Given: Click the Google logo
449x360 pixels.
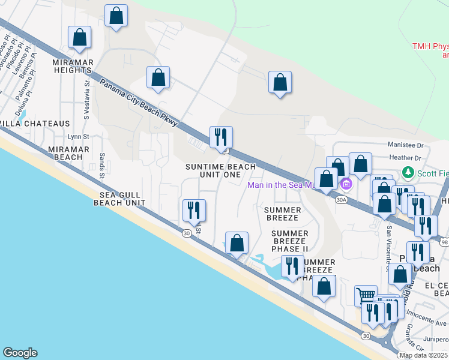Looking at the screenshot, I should [x=20, y=353].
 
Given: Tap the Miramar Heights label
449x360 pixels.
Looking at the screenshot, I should [x=71, y=66].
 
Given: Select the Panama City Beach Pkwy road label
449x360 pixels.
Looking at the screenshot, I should [x=139, y=102].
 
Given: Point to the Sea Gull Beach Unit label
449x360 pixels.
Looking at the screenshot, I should [x=119, y=199].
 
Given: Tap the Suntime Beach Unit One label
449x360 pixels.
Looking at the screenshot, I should [x=220, y=170].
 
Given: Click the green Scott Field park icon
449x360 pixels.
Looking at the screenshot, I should [x=409, y=173].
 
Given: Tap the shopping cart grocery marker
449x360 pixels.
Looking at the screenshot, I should [x=365, y=295].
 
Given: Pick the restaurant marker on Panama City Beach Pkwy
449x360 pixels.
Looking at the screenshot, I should [x=221, y=137].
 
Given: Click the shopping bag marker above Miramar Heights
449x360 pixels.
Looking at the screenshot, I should [x=80, y=37].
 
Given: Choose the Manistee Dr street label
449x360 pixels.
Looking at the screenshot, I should [x=405, y=145].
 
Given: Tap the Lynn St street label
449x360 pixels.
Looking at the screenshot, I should [x=78, y=137].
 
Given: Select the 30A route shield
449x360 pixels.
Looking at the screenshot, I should [x=342, y=200].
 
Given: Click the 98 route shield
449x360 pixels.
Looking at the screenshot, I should [x=444, y=242].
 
